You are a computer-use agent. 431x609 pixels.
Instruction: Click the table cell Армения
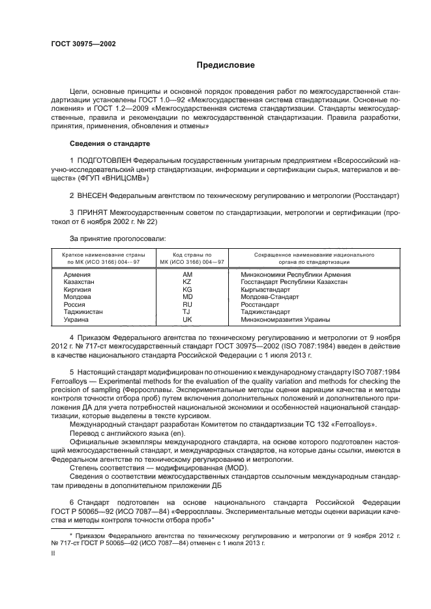click(x=77, y=275)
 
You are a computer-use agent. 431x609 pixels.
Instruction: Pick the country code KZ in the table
click(x=188, y=282)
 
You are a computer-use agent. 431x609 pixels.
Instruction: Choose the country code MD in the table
click(x=188, y=297)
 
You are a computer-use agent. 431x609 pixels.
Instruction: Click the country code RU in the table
click(x=188, y=305)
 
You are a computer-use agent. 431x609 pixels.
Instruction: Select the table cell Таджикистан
click(x=83, y=312)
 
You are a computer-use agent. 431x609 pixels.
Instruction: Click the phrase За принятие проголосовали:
click(x=108, y=238)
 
